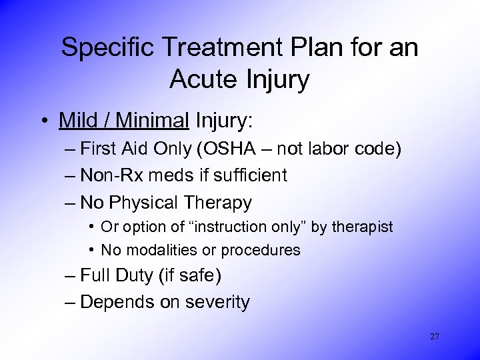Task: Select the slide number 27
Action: point(435,337)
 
